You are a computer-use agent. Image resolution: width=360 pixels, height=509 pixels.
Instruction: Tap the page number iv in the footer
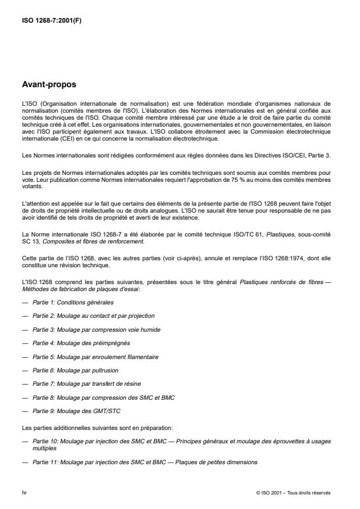click(24, 492)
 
